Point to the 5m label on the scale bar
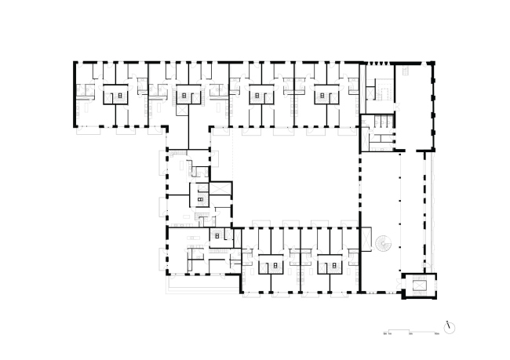tap(410, 334)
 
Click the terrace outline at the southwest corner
tap(200, 285)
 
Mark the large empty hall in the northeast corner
tap(416, 106)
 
